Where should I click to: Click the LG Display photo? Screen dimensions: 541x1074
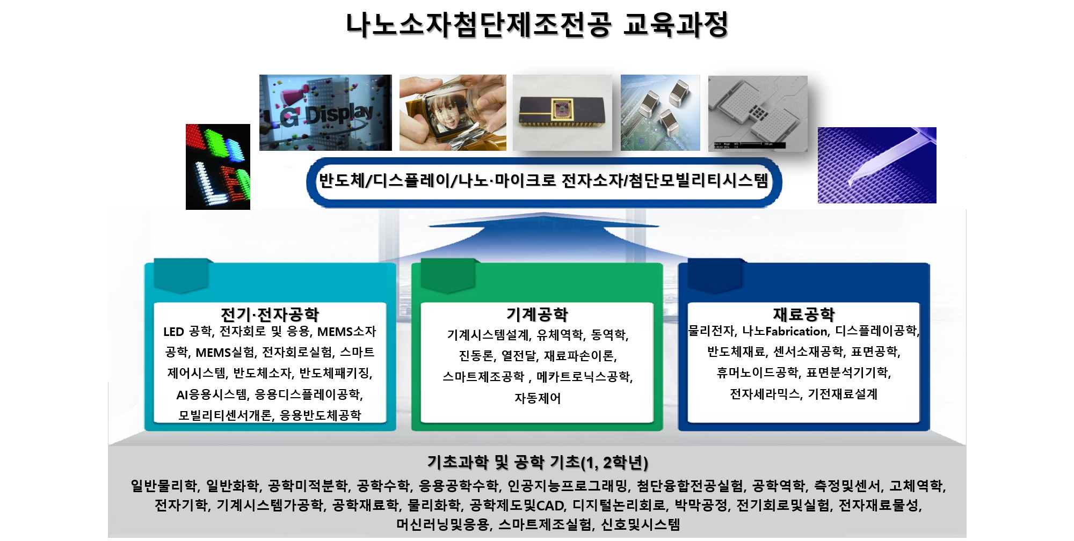click(325, 113)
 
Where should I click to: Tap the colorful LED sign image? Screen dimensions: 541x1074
click(218, 166)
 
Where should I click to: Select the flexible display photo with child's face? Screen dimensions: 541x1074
click(453, 113)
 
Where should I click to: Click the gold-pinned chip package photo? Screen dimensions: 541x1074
click(562, 113)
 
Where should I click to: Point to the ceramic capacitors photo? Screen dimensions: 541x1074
click(661, 113)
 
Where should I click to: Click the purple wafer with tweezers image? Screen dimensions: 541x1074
click(877, 165)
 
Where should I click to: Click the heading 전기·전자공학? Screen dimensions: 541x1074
click(270, 314)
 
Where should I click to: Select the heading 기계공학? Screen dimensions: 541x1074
click(537, 314)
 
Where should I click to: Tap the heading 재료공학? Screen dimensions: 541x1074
click(804, 314)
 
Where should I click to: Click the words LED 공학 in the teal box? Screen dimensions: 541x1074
click(187, 332)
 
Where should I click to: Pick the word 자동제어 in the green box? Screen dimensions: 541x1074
click(538, 398)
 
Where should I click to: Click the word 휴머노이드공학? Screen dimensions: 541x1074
click(757, 372)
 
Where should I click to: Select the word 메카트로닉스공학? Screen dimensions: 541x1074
click(584, 377)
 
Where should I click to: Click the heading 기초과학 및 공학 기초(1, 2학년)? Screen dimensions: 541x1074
click(538, 462)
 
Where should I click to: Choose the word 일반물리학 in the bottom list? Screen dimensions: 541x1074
click(163, 486)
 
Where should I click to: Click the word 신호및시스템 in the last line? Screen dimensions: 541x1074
click(640, 524)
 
